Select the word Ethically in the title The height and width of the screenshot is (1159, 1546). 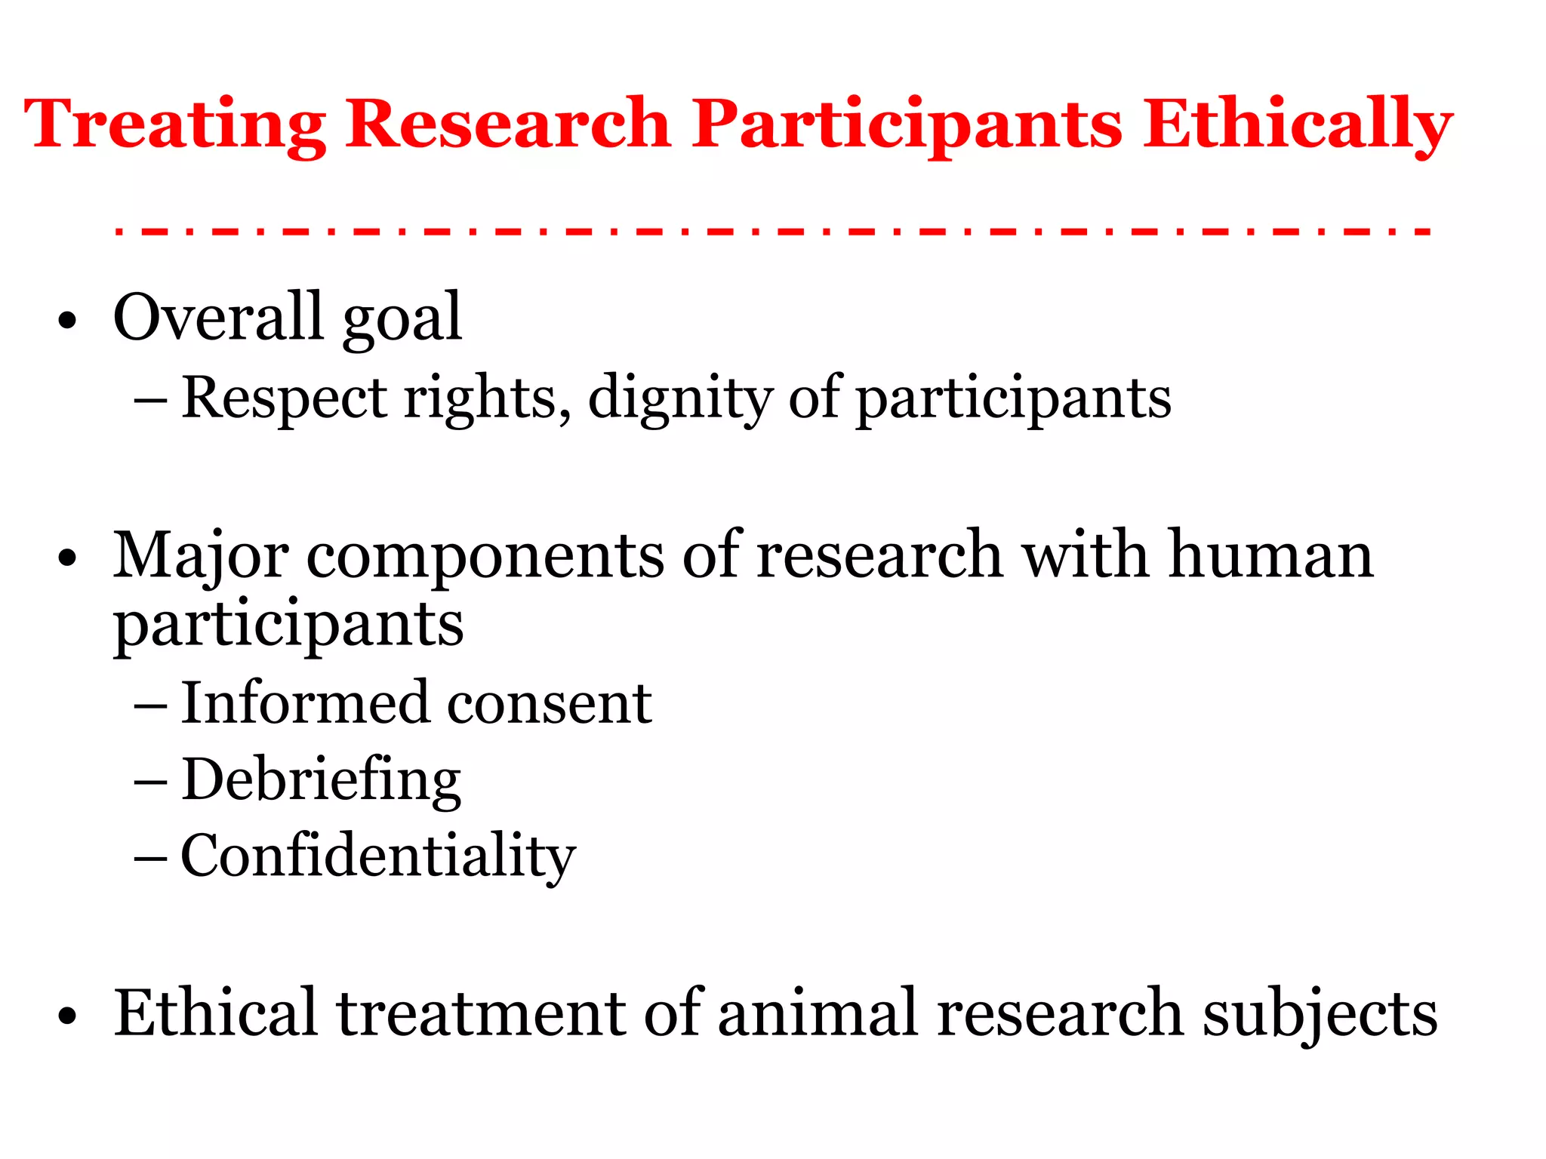1297,124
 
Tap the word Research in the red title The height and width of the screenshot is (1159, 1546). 508,124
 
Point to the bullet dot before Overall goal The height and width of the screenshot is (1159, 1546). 67,321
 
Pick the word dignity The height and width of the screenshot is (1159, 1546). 679,398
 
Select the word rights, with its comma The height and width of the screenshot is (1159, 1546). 488,398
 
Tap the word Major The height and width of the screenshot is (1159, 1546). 201,557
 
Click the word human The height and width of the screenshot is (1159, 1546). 1271,555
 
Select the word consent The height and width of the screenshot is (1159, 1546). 550,704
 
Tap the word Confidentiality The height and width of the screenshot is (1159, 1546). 378,856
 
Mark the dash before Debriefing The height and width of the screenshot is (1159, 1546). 150,782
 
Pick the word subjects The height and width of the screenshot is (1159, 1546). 1320,1013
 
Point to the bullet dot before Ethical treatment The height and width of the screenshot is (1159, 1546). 67,1016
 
